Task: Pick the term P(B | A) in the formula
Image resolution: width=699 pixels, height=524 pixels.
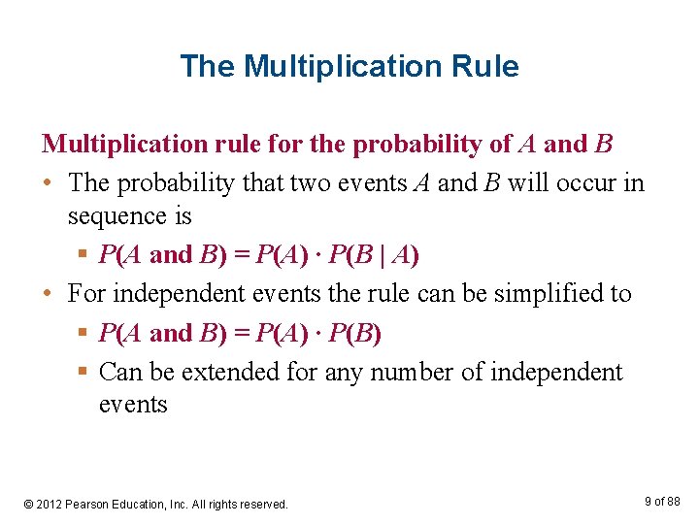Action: [375, 254]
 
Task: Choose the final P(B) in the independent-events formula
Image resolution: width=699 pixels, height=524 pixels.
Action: [354, 333]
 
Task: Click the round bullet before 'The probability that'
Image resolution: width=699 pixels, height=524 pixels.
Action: [48, 183]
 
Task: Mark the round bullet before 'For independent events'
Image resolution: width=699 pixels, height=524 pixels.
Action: [48, 293]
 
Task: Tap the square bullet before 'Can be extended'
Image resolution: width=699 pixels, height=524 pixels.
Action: [84, 373]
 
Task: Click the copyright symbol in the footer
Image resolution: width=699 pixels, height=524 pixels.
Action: [28, 504]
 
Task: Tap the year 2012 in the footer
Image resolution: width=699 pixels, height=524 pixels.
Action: [51, 504]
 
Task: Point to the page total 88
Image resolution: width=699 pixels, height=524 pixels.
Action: [673, 501]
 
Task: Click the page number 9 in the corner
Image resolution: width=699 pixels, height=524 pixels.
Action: [648, 501]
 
